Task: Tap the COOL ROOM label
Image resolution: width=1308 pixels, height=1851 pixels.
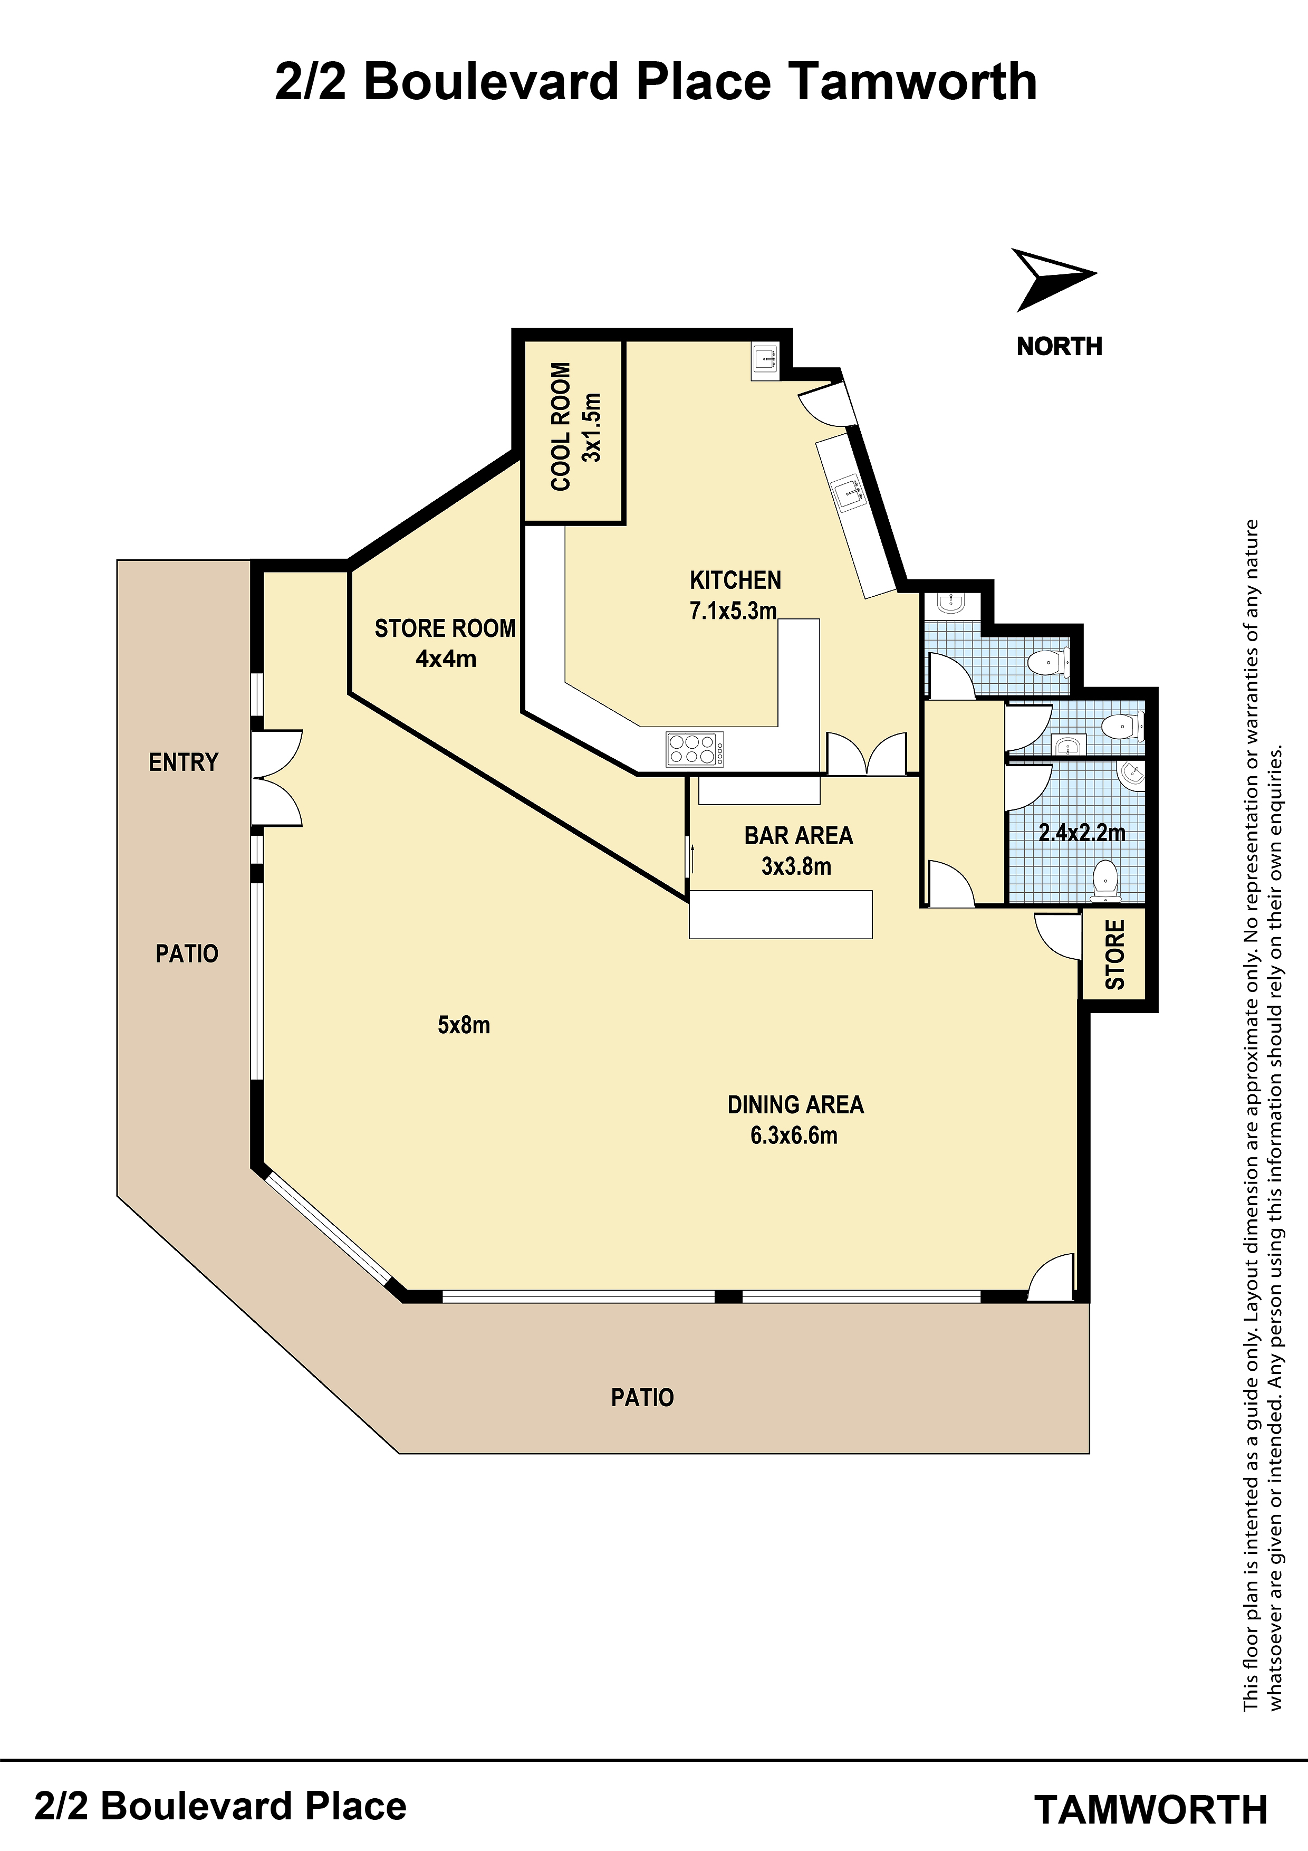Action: coord(561,426)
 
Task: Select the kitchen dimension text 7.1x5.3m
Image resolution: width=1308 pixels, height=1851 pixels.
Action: coord(733,610)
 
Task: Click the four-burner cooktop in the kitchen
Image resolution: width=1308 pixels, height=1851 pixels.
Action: coord(695,749)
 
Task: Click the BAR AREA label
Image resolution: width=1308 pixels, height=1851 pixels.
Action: coord(799,835)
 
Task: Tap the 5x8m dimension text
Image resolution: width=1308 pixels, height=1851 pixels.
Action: coord(464,1025)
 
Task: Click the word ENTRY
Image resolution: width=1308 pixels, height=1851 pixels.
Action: coord(184,762)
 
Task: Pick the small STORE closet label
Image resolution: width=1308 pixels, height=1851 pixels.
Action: coord(1114,955)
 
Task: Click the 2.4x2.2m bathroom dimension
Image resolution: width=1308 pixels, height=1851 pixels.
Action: coord(1082,833)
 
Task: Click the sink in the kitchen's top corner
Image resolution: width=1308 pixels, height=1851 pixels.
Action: coord(765,360)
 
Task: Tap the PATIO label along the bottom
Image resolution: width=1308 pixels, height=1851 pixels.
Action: coord(642,1397)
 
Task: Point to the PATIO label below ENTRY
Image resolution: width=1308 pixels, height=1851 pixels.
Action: coord(187,953)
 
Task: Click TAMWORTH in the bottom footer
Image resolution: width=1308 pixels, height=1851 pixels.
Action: coord(1151,1810)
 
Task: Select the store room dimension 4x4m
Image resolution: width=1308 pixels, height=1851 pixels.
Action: coord(446,659)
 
